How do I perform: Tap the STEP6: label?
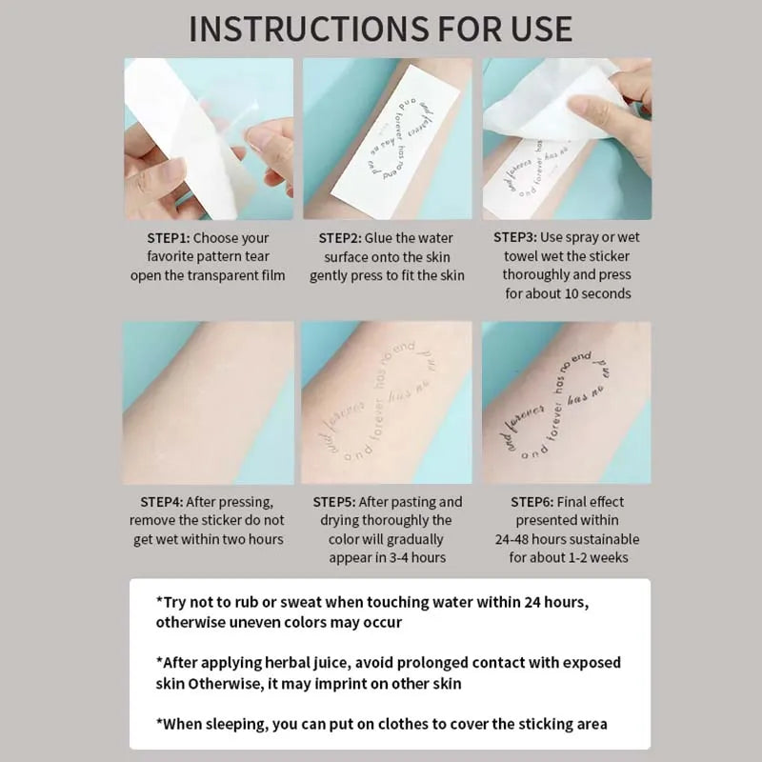pos(542,502)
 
